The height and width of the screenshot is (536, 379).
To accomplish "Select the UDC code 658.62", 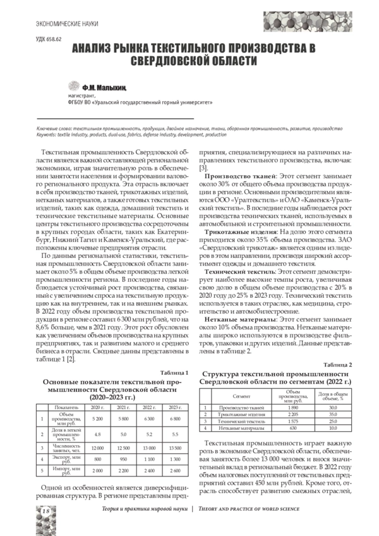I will (45, 39).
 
